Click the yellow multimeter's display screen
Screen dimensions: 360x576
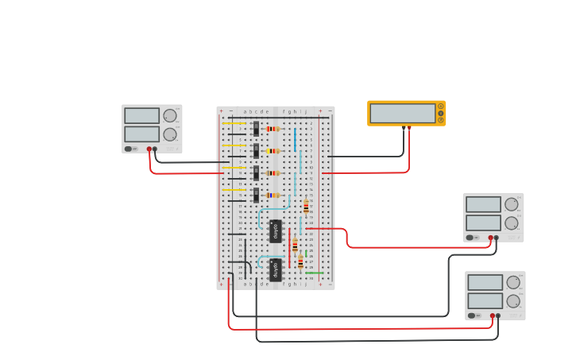(x=402, y=113)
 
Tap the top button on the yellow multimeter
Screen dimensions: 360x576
(x=441, y=106)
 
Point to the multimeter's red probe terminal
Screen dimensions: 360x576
(x=409, y=127)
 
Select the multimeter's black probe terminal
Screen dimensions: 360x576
(x=404, y=127)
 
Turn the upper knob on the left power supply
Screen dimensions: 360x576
(x=169, y=115)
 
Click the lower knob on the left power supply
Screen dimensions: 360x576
(x=169, y=134)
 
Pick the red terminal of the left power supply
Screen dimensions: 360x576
(x=149, y=149)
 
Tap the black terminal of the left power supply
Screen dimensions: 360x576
(x=155, y=149)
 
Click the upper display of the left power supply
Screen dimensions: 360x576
(x=141, y=115)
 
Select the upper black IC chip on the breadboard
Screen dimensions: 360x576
(x=276, y=230)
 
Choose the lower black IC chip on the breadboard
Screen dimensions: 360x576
(x=276, y=269)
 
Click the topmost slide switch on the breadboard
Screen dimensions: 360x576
(x=256, y=128)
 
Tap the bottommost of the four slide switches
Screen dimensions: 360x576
(x=256, y=195)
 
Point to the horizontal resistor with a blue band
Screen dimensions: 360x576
(x=273, y=195)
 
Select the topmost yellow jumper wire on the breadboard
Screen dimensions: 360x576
(x=233, y=124)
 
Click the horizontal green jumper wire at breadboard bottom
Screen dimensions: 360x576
(x=315, y=273)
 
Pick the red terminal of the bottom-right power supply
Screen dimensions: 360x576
(x=492, y=315)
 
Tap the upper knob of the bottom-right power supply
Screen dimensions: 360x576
(x=512, y=282)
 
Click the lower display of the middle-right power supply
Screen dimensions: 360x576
(x=483, y=223)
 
